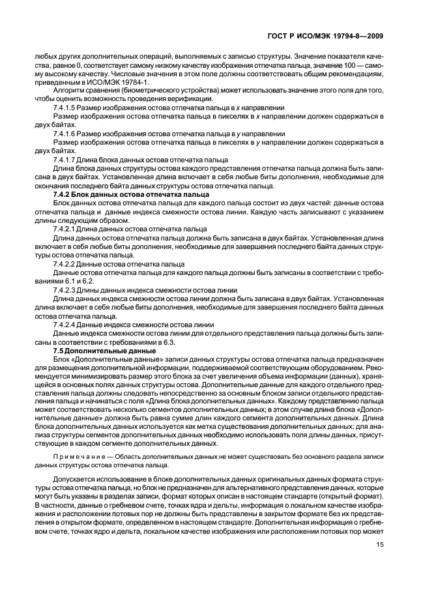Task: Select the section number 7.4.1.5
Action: (64, 106)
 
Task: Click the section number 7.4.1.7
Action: (64, 159)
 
